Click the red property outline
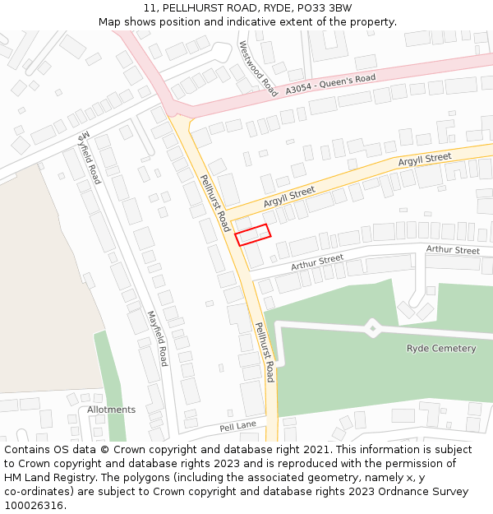(x=253, y=234)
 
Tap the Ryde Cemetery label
(x=441, y=349)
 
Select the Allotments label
(x=112, y=410)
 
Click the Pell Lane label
(x=237, y=427)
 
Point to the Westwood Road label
(x=257, y=69)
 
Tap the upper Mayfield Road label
(x=90, y=156)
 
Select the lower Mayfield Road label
(x=158, y=338)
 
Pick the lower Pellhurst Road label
(x=264, y=352)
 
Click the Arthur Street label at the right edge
(x=453, y=250)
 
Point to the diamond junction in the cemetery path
(x=373, y=328)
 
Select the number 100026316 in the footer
(x=34, y=506)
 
